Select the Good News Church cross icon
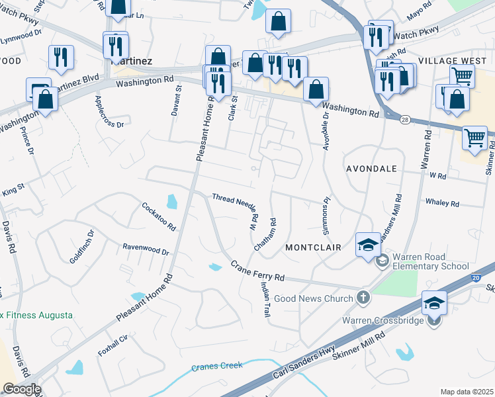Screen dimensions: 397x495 363,297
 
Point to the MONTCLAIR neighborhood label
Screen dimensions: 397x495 313,247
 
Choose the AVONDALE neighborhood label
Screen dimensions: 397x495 371,169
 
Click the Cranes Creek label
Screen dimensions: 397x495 217,366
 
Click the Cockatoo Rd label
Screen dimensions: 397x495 159,216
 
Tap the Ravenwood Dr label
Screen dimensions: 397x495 146,249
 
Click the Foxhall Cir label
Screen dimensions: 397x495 112,345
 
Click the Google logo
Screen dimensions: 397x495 21,389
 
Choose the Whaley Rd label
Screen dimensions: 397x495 443,203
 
